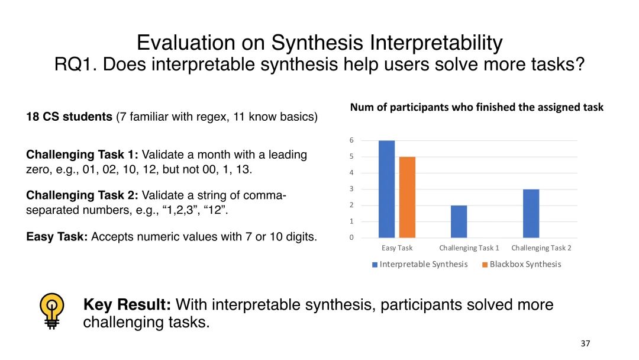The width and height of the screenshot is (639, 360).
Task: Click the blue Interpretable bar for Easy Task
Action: point(386,189)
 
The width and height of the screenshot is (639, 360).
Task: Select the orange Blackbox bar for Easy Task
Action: point(407,197)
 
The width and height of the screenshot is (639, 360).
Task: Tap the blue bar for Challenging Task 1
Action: point(459,221)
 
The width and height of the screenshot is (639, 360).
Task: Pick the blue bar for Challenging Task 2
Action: point(531,214)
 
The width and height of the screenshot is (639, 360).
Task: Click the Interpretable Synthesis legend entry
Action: point(419,264)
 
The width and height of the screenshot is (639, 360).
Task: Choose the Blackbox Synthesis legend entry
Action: point(522,264)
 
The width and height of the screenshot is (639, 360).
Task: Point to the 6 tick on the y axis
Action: point(351,140)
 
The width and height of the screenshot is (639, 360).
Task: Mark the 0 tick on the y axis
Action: point(351,237)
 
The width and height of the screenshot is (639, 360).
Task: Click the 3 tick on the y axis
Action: point(351,189)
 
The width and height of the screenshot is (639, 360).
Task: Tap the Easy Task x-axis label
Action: point(397,248)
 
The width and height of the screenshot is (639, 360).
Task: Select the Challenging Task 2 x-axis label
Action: point(541,248)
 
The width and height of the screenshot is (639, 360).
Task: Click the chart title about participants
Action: point(476,107)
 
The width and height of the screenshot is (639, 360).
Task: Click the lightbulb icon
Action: point(51,311)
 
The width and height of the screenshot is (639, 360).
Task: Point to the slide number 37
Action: point(585,343)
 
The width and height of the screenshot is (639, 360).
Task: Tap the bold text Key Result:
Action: point(127,304)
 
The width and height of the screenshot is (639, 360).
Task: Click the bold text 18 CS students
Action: point(69,117)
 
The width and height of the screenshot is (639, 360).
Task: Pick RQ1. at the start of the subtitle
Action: point(76,65)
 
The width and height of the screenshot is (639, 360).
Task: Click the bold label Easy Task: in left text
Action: point(57,236)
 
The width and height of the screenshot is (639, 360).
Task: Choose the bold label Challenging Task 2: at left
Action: point(82,195)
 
